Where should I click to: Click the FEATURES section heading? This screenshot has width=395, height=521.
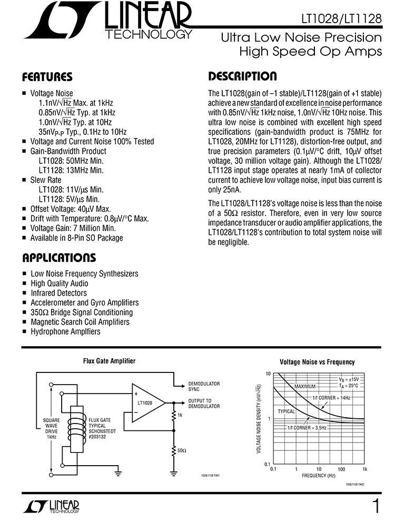(47, 77)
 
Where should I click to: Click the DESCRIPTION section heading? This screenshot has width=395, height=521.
(242, 76)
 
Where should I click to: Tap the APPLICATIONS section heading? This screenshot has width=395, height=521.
(58, 258)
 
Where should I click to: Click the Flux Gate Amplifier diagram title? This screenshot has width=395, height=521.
(109, 361)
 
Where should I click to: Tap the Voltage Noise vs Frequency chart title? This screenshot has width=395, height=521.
(317, 362)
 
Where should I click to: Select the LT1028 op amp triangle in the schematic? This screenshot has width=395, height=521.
(147, 403)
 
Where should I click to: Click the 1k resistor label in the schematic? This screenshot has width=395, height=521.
(181, 416)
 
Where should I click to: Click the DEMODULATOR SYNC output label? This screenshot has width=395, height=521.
(204, 386)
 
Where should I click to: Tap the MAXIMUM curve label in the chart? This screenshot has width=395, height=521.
(304, 386)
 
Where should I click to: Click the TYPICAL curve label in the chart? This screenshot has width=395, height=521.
(286, 410)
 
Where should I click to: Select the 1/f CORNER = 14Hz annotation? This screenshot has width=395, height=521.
(331, 397)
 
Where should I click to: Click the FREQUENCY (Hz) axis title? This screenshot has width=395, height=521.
(318, 475)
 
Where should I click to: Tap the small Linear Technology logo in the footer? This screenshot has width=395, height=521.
(51, 506)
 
